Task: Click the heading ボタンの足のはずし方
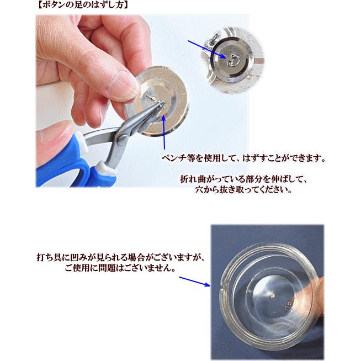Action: tap(82, 5)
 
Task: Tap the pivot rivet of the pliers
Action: tap(122, 139)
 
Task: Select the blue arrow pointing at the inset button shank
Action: tap(206, 49)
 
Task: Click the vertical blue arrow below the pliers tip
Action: tap(164, 132)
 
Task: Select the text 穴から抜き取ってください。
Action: tap(243, 190)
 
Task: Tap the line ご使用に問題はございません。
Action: tap(120, 268)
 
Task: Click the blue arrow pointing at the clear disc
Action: tap(194, 282)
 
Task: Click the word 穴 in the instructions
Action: tap(199, 190)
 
